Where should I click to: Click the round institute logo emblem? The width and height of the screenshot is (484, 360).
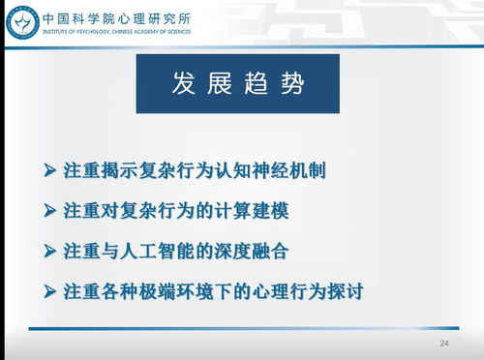click(x=20, y=22)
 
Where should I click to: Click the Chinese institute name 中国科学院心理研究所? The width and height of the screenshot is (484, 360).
click(x=116, y=15)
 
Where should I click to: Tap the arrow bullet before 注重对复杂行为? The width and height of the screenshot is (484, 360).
click(x=49, y=210)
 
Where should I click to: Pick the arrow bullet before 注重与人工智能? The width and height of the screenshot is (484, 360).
click(x=49, y=250)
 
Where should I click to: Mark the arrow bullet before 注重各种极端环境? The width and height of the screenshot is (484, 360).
click(x=49, y=289)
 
